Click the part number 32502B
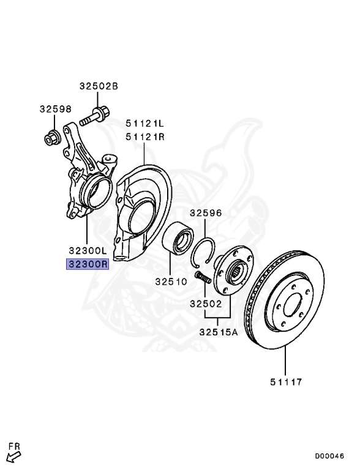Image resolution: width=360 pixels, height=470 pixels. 99,86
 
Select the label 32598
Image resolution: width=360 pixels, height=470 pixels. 56,109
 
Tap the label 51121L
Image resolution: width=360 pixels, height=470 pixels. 145,123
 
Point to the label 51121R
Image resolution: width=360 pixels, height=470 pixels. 145,137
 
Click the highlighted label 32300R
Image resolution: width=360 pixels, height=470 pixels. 88,264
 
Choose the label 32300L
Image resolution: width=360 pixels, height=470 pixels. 88,250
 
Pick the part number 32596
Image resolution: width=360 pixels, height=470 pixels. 206,213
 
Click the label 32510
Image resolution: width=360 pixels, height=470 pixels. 171,282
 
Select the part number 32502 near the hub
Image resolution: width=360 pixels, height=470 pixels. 206,304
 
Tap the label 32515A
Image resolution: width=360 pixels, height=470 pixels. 219,332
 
